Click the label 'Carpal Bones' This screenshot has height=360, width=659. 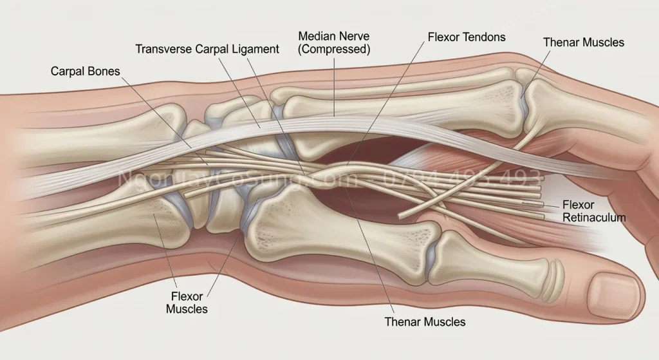[x=85, y=71]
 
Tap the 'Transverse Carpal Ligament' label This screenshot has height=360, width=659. [x=207, y=49]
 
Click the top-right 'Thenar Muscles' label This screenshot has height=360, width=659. [x=583, y=43]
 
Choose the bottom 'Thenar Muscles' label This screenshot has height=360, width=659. [x=424, y=321]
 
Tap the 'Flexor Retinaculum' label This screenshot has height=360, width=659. [x=593, y=211]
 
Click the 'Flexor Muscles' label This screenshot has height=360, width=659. [x=187, y=303]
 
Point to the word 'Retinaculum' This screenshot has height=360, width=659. [x=593, y=218]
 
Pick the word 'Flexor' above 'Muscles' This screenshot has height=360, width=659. [x=187, y=297]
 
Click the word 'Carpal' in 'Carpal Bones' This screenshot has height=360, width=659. [x=67, y=71]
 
